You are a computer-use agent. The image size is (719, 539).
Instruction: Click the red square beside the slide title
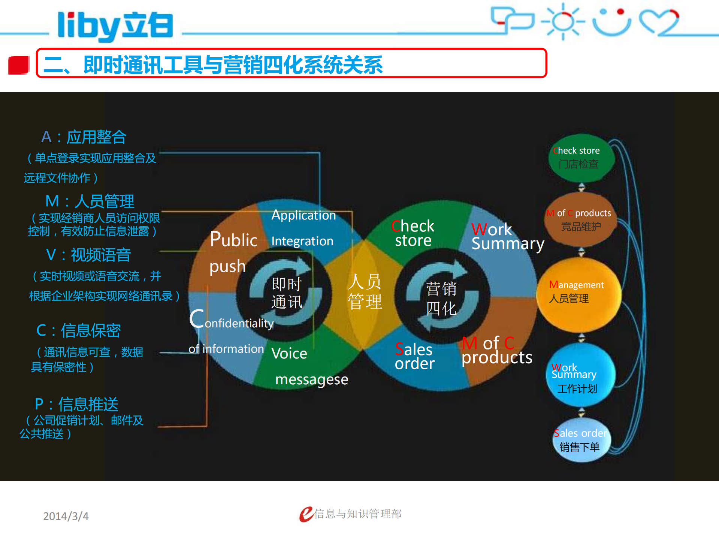(18, 65)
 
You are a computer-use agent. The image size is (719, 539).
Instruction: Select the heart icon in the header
(659, 22)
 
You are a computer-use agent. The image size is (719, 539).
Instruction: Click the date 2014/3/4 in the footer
(66, 516)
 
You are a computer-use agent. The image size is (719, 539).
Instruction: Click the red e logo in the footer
(306, 514)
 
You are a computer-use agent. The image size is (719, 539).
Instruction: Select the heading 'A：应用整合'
(84, 137)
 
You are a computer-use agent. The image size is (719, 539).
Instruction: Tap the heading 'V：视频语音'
(88, 255)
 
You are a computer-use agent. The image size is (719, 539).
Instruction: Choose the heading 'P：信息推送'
(77, 405)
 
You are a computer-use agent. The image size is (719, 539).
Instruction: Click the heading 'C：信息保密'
(79, 331)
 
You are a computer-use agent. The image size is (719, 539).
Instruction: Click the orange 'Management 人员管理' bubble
(578, 294)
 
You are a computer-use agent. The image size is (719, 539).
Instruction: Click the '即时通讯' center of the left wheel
(287, 293)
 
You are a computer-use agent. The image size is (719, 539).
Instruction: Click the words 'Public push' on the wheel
(232, 253)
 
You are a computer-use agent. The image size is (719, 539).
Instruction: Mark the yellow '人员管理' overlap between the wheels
(365, 292)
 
